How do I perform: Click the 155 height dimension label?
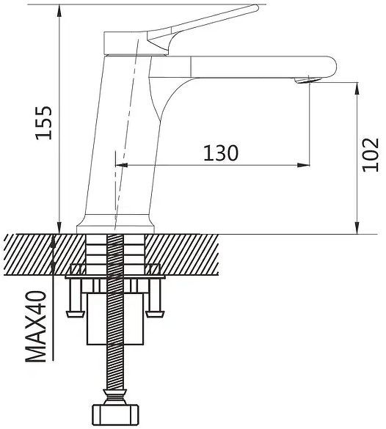click(x=44, y=122)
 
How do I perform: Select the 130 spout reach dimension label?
click(x=221, y=153)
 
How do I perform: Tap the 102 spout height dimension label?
click(x=371, y=155)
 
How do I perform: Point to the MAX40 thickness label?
click(x=36, y=326)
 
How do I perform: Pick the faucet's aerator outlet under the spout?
click(x=307, y=80)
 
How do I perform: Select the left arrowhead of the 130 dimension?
click(x=122, y=165)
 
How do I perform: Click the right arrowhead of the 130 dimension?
click(x=303, y=165)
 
